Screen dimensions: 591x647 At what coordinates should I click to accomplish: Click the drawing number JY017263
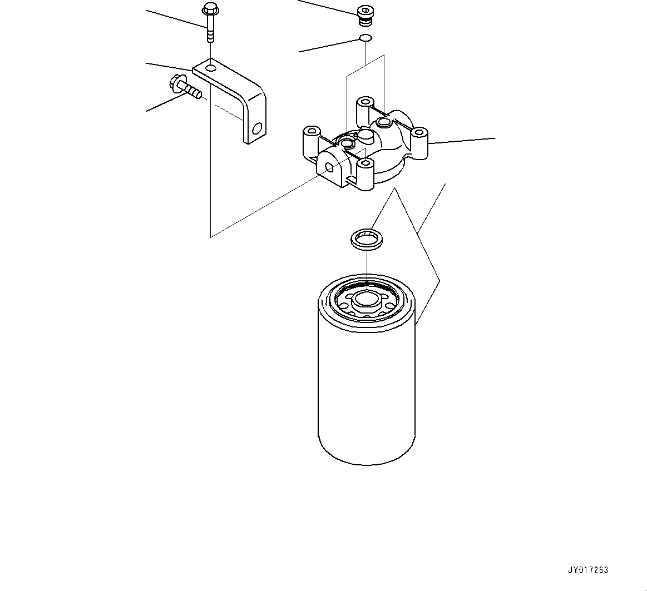click(x=588, y=570)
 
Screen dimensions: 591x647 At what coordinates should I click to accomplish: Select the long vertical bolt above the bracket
click(x=210, y=25)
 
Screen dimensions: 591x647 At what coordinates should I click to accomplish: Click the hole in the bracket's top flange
click(x=210, y=68)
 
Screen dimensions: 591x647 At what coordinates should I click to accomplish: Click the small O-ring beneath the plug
click(x=365, y=38)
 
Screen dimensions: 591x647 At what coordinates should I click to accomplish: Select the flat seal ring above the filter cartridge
click(x=365, y=240)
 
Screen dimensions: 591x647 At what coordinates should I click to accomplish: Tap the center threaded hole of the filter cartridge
click(x=366, y=299)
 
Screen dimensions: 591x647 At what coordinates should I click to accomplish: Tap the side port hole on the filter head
click(x=330, y=167)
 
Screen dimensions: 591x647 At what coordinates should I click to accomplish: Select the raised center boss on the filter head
click(x=365, y=135)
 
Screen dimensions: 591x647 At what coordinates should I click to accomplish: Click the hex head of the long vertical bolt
click(x=210, y=9)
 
